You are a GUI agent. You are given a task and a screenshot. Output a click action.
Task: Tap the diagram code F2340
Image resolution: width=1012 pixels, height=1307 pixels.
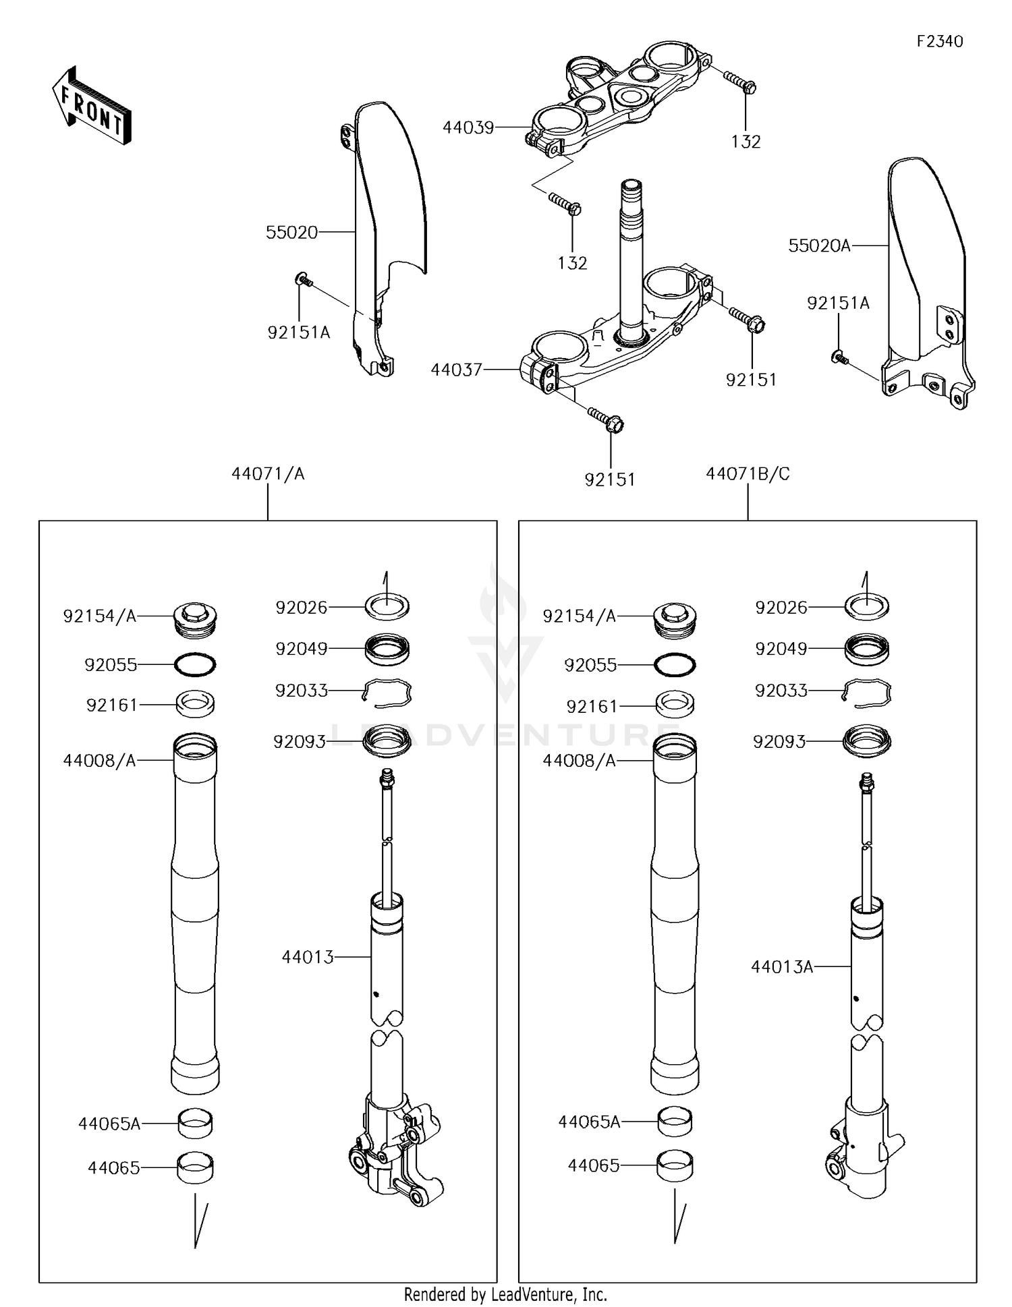[939, 42]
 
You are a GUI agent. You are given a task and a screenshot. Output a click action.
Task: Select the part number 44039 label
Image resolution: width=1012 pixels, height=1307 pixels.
[468, 127]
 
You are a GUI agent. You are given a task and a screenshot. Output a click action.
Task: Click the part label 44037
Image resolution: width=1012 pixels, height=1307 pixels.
[457, 370]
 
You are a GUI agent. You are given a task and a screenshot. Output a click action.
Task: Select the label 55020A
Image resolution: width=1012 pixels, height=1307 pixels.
[819, 246]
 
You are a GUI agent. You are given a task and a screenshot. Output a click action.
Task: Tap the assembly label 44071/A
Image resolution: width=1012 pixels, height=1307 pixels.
[268, 474]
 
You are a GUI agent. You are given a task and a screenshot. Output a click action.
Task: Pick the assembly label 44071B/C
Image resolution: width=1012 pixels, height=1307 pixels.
[748, 474]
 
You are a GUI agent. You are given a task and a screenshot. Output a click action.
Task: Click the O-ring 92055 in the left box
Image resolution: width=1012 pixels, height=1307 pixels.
[195, 665]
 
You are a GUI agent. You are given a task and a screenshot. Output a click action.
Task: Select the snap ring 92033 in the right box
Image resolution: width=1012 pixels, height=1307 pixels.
[869, 693]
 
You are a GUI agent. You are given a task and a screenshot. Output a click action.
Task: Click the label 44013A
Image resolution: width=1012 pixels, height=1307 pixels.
[782, 967]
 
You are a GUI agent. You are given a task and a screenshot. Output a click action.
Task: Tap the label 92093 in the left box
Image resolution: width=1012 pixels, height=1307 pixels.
[300, 742]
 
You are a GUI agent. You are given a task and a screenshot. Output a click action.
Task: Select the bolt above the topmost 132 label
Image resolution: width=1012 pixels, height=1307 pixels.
[740, 82]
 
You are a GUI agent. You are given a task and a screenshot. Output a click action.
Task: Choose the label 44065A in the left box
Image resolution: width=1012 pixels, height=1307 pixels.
[109, 1124]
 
